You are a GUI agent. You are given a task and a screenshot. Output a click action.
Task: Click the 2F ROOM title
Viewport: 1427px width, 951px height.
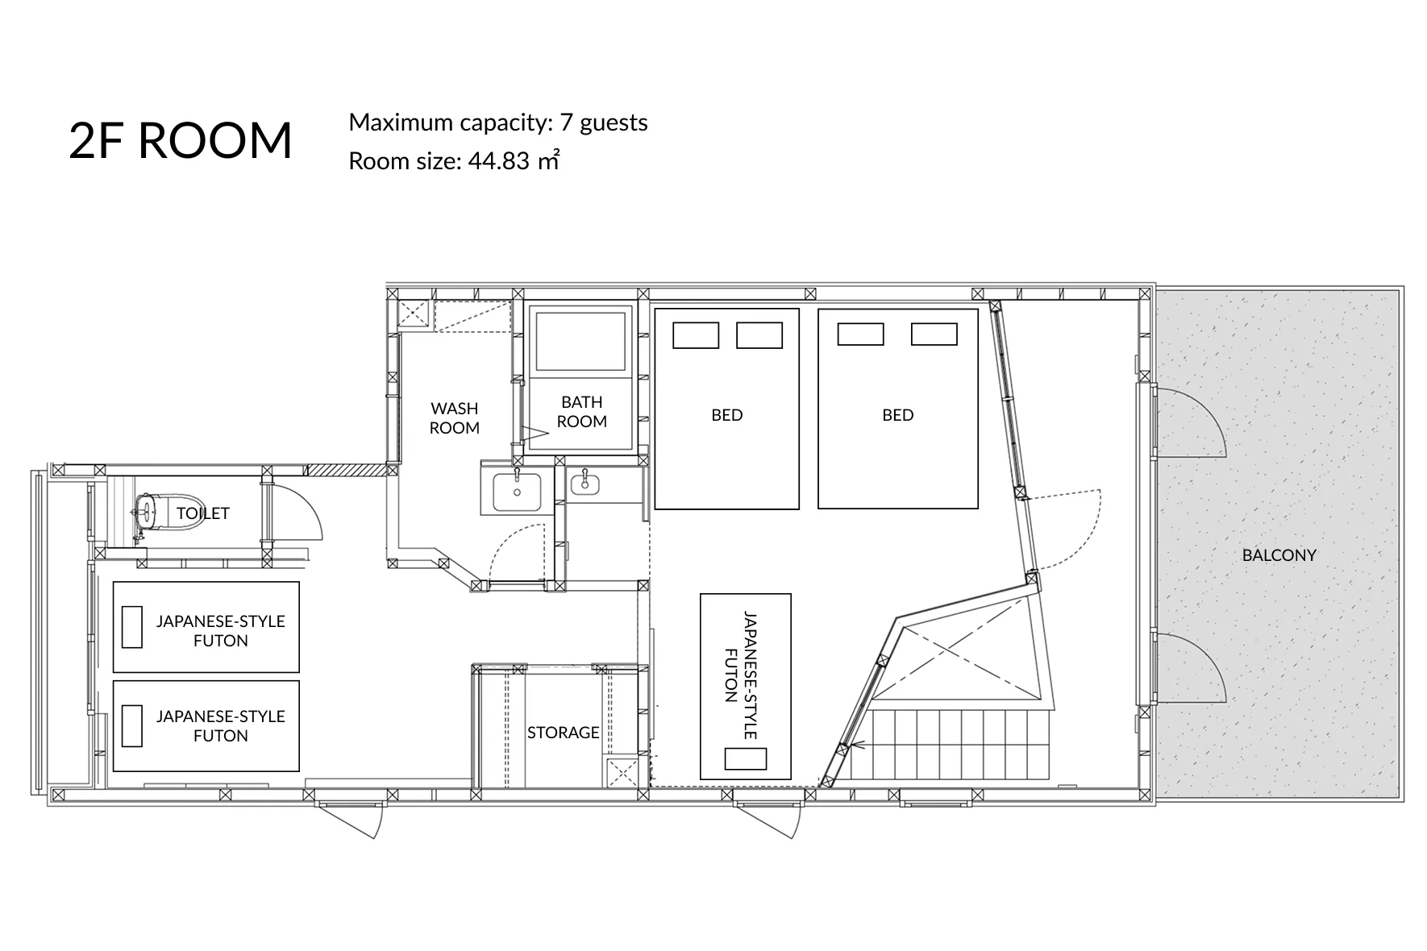point(181,140)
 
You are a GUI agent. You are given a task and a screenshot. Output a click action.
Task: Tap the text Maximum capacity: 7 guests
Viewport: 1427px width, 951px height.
point(498,123)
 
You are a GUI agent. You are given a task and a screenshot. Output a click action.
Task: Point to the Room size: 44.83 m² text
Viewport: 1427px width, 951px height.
point(454,160)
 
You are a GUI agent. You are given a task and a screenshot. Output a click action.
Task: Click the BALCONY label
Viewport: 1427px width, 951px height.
point(1279,554)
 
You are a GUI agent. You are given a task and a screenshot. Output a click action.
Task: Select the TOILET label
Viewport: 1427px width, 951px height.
point(203,513)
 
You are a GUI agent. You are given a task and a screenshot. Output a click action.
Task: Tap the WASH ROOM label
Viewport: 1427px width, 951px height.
point(454,417)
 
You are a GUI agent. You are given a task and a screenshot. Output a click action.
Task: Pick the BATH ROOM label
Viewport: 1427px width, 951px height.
point(581,411)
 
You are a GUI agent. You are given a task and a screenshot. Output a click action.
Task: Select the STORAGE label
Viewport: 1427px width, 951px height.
point(563,732)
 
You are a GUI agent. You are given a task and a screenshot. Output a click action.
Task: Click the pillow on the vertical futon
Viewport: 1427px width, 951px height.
point(745,758)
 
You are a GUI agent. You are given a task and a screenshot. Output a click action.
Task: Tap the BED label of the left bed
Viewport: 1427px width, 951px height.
point(726,414)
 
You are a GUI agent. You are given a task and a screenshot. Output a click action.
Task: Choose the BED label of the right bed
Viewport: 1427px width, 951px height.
point(897,414)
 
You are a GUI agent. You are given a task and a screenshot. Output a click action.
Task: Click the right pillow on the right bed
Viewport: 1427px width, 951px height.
point(934,334)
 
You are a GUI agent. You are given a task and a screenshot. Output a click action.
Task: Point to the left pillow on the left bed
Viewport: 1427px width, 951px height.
point(696,335)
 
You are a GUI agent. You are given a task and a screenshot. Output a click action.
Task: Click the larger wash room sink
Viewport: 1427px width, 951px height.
point(516,491)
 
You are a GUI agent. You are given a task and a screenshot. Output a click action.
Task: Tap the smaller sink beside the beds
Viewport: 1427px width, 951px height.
point(584,483)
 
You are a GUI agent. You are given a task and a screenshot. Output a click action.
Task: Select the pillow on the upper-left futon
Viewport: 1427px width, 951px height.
point(131,626)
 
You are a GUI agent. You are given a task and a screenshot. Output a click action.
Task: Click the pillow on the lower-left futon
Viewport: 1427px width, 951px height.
point(131,725)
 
